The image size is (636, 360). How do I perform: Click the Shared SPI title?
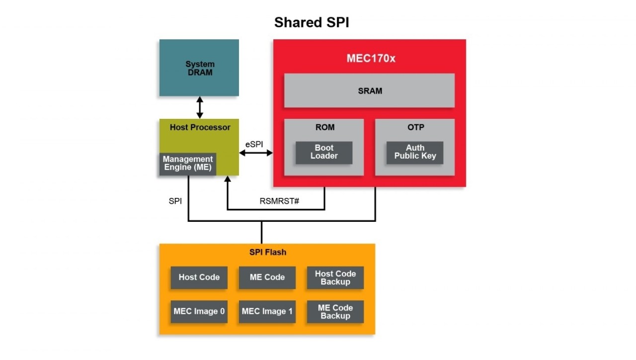pos(312,22)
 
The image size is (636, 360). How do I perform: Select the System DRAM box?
pos(199,68)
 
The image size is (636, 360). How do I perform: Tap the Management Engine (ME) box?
pos(188,164)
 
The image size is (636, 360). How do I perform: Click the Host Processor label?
pos(200,127)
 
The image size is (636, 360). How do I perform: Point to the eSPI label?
pos(254,144)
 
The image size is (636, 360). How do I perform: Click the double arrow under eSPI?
pos(256,153)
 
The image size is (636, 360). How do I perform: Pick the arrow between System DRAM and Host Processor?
pos(200,107)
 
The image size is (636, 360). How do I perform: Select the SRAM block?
pos(369,90)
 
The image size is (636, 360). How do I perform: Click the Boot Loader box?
pos(324,152)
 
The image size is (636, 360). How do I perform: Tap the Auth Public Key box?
pos(415,152)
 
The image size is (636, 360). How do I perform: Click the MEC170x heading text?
pos(371,59)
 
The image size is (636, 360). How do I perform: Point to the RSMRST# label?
pos(279,201)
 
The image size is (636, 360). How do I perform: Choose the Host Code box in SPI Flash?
pos(199,277)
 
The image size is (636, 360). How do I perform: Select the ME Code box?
pos(267,277)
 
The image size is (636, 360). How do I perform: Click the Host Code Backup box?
pos(335,277)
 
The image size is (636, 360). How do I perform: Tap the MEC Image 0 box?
pos(199,312)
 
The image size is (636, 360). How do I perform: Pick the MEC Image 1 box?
pos(267,312)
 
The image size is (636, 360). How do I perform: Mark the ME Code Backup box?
pos(335,312)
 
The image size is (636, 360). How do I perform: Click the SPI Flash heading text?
pos(267,252)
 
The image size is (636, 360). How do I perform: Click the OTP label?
pos(415,127)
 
